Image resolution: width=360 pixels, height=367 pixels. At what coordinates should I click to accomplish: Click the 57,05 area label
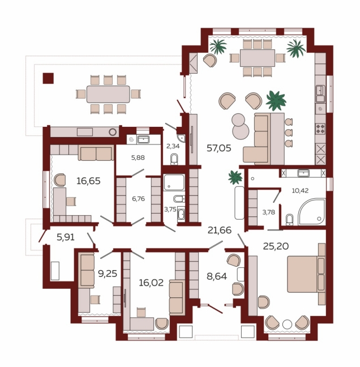coord(219,148)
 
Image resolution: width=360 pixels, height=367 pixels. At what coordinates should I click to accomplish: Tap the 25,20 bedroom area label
coord(276,246)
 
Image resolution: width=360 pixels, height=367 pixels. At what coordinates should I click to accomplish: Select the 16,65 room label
coord(88,181)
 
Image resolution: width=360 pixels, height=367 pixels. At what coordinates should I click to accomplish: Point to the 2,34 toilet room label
coord(173,146)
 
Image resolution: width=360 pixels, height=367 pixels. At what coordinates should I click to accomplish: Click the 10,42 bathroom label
coord(300,190)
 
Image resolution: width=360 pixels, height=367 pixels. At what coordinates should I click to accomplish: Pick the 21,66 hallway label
coord(220,231)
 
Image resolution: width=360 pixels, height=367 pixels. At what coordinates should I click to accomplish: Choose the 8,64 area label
coord(217,276)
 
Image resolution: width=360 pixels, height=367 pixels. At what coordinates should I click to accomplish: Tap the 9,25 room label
coord(108,274)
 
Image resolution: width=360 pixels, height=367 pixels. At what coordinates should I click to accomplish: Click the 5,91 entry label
coord(66,237)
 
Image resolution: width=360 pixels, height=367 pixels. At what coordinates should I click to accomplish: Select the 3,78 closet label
coord(268,212)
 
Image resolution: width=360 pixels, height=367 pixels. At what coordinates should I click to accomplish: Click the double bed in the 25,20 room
coord(306,274)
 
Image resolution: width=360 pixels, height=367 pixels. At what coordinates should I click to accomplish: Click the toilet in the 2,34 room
coord(174,159)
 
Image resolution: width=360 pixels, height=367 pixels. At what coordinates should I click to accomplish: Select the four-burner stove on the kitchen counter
coord(320,129)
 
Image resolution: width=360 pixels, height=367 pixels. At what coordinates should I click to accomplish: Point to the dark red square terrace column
coord(48,78)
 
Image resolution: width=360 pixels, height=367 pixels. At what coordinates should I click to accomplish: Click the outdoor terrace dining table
coord(108,94)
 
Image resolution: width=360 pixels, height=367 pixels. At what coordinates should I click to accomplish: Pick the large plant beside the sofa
coord(276,101)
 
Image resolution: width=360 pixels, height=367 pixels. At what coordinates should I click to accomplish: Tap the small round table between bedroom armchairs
coord(287,325)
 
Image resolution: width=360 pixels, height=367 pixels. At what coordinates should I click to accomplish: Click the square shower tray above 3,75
coord(174,182)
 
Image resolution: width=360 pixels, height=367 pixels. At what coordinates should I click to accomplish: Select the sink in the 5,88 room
coord(143,139)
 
